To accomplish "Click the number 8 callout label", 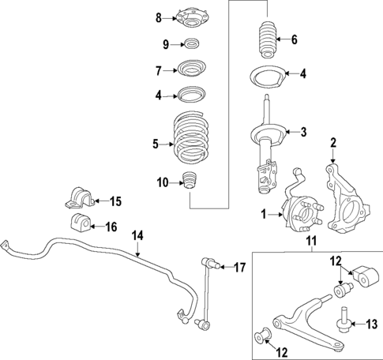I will pyautogui.click(x=157, y=17).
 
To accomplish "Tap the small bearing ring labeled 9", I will pyautogui.click(x=191, y=43).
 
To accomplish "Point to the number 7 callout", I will pyautogui.click(x=157, y=70).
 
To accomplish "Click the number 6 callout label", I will pyautogui.click(x=295, y=39).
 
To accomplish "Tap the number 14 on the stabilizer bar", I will pyautogui.click(x=137, y=234).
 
